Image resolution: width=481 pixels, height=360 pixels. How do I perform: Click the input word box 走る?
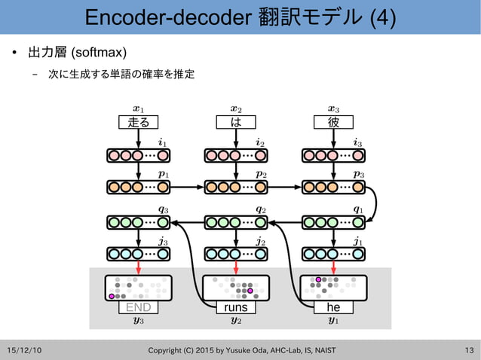pyautogui.click(x=139, y=122)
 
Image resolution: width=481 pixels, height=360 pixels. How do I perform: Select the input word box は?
pyautogui.click(x=236, y=122)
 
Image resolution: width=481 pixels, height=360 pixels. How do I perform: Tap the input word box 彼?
pyautogui.click(x=333, y=122)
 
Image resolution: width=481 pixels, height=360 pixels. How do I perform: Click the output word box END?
pyautogui.click(x=139, y=307)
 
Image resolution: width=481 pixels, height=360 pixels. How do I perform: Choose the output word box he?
pyautogui.click(x=333, y=307)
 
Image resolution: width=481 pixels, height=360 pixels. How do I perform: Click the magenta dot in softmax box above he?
pyautogui.click(x=319, y=279)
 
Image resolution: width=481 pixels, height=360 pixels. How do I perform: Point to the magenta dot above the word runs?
pyautogui.click(x=250, y=291)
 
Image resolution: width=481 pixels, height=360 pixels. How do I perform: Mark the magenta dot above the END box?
pyautogui.click(x=112, y=297)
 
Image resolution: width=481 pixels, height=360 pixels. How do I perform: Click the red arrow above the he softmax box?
pyautogui.click(x=333, y=268)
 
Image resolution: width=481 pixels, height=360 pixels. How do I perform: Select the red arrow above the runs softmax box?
pyautogui.click(x=236, y=268)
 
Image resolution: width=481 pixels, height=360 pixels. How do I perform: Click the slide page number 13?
pyautogui.click(x=469, y=350)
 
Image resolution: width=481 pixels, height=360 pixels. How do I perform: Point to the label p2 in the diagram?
pyautogui.click(x=260, y=174)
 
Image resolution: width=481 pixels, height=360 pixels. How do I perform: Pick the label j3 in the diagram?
pyautogui.click(x=163, y=242)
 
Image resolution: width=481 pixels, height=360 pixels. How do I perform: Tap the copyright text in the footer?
pyautogui.click(x=241, y=350)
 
